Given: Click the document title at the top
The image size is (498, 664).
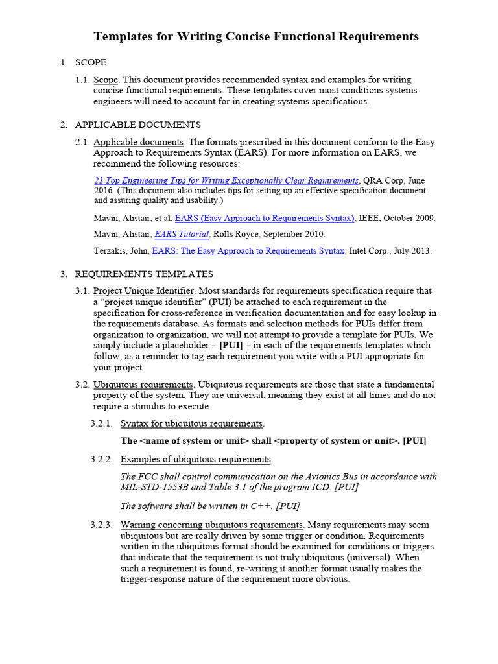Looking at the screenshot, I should pos(256,36).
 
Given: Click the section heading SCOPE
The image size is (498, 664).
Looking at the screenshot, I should pos(91,63).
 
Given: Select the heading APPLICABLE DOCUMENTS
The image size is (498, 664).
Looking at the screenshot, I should pos(137,124).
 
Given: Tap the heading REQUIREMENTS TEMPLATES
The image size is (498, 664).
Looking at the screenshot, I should pos(144,274).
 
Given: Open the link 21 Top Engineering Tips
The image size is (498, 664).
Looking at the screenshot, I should pos(226,180).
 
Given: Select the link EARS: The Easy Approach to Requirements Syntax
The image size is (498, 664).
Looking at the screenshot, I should pos(248,250).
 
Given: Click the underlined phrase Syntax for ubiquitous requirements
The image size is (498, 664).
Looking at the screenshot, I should pos(192,423).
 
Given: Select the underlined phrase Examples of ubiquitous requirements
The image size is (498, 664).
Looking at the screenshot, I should pos(196,459).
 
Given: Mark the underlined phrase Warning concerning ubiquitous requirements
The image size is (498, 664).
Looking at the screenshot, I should pos(211,525).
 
